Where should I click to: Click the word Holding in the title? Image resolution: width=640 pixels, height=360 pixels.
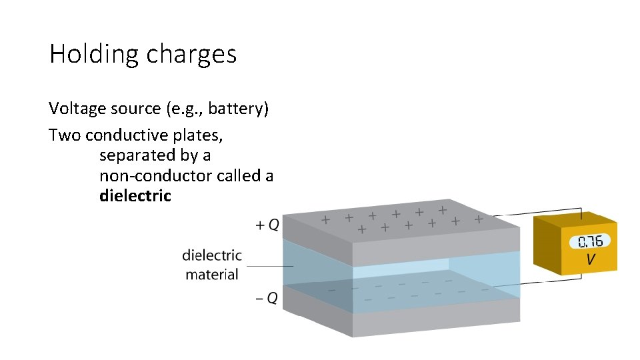(89, 54)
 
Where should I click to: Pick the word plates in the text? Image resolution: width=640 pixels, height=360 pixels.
(199, 135)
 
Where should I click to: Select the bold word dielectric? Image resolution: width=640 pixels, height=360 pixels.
(135, 196)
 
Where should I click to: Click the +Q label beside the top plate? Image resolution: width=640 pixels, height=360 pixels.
(268, 225)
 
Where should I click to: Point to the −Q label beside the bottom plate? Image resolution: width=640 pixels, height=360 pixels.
(267, 298)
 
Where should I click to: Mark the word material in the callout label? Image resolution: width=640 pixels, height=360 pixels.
(212, 274)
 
